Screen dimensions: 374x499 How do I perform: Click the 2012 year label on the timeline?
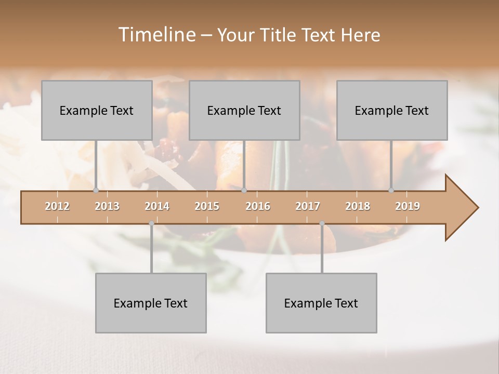(57, 206)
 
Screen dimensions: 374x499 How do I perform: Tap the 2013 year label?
(107, 206)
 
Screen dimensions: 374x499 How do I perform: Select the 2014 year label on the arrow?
(157, 206)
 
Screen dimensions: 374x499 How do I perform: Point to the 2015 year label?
(207, 206)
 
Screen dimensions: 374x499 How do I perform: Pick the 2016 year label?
(258, 206)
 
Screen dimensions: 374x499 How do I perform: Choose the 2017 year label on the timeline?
(308, 206)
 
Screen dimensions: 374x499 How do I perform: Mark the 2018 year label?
(358, 206)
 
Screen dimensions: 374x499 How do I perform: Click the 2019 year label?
(408, 206)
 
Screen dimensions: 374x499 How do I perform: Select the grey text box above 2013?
(97, 110)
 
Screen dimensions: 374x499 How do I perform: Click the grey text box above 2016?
(244, 110)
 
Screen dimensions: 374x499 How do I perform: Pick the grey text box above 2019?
(392, 110)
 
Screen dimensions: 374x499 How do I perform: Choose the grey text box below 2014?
(151, 303)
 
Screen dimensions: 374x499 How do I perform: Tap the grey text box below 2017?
(321, 303)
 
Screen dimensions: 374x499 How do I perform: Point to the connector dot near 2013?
(96, 191)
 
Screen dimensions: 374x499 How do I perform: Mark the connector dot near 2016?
(244, 191)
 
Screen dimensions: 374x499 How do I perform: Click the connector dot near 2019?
(391, 191)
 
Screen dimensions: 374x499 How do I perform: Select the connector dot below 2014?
(151, 223)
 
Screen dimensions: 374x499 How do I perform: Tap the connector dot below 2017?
(322, 223)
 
